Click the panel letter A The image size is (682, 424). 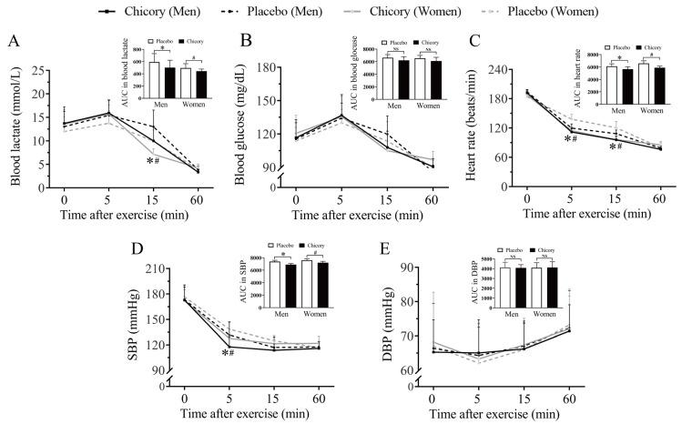12,42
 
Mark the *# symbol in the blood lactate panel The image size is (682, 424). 153,161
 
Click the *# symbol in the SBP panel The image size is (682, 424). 228,352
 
